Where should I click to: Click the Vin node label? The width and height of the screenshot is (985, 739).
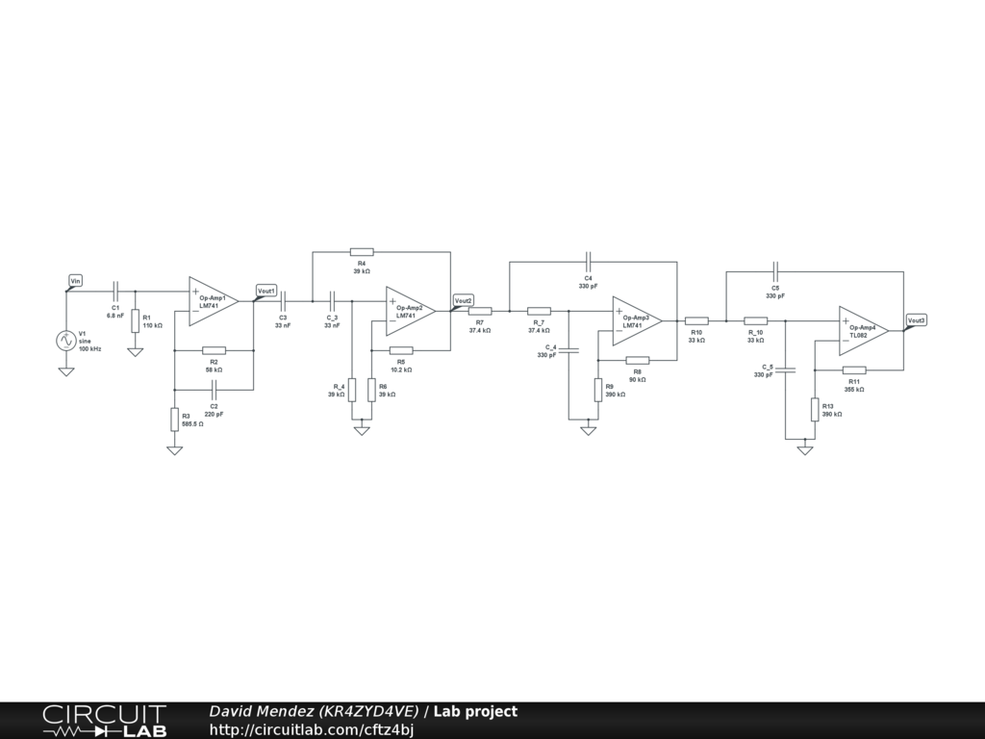[76, 280]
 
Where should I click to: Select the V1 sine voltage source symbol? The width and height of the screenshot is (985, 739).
[66, 341]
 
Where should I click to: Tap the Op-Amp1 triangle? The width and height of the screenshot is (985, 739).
[214, 301]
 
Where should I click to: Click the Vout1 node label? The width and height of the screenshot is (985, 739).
[266, 291]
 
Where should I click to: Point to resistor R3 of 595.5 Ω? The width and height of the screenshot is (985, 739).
[174, 420]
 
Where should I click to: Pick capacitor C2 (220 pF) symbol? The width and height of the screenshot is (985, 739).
[214, 389]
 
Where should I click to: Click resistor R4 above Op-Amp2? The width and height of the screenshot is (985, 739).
[362, 251]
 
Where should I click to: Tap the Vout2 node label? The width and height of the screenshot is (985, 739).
[464, 300]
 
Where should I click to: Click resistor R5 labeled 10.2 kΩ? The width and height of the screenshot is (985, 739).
[401, 350]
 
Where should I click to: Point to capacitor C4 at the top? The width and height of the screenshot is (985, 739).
[588, 261]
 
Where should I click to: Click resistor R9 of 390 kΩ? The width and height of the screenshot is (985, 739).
[597, 390]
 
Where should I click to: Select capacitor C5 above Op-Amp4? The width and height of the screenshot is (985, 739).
[775, 271]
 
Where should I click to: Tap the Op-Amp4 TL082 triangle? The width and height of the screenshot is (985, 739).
[863, 330]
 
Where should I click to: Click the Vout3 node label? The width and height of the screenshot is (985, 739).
[917, 319]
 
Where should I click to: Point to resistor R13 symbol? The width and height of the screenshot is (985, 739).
[815, 409]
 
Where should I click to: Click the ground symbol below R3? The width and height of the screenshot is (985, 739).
[174, 449]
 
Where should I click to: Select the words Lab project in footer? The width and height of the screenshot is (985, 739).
[475, 712]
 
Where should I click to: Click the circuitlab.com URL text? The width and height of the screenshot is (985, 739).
[312, 729]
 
